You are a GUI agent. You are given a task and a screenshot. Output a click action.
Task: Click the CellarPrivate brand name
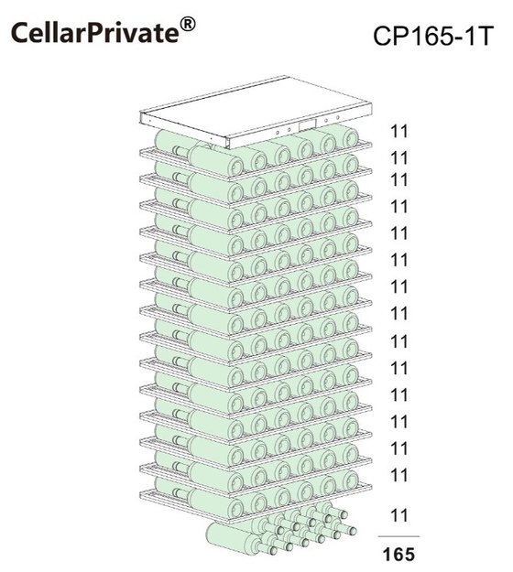[95, 33]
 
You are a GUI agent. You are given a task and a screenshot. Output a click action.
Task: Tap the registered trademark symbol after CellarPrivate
[188, 25]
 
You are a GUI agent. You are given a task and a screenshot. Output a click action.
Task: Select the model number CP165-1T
[433, 37]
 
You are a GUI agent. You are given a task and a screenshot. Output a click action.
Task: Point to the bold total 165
[398, 555]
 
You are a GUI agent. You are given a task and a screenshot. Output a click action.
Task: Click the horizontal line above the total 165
[398, 536]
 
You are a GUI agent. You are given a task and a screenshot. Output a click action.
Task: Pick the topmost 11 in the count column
[398, 131]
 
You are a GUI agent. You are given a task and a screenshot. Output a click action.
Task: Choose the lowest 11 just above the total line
[398, 515]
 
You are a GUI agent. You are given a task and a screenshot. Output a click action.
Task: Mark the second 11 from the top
[398, 158]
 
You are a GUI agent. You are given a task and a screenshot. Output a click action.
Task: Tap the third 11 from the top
[398, 180]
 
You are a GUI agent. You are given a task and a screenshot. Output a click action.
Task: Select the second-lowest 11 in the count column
[398, 475]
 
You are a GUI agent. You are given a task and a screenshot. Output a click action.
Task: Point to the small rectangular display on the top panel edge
[307, 125]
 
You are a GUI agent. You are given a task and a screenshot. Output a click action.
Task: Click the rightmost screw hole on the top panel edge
[338, 118]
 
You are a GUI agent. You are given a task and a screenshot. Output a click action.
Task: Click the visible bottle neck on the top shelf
[180, 150]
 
